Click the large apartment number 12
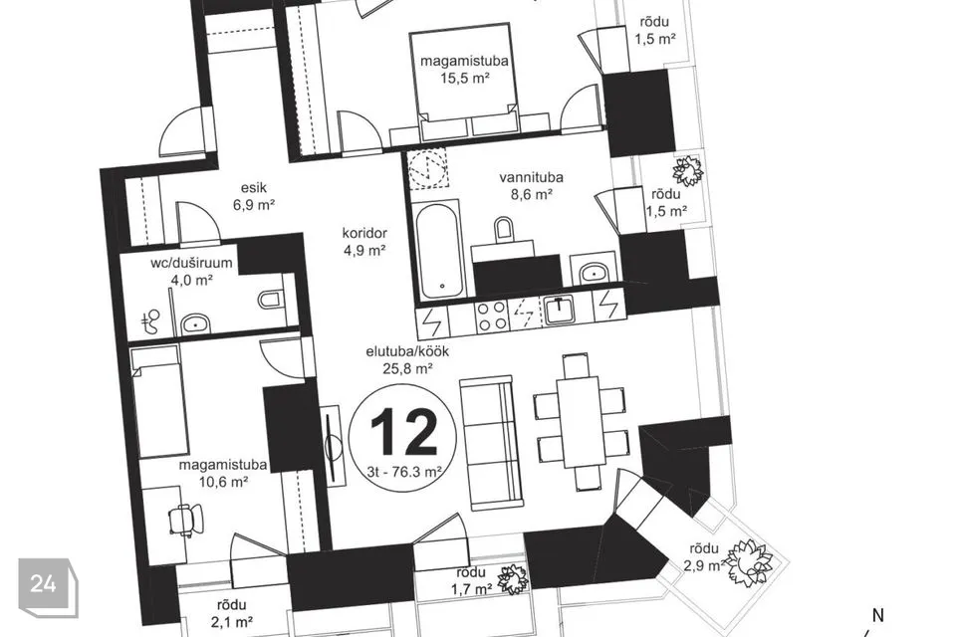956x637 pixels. click(403, 432)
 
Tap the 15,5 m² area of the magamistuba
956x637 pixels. click(465, 78)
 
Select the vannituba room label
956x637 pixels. click(531, 177)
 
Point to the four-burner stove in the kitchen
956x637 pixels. click(492, 316)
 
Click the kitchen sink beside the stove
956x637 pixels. click(558, 310)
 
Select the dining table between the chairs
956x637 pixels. click(581, 421)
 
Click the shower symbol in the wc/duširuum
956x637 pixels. click(150, 321)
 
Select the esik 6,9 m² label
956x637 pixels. click(253, 196)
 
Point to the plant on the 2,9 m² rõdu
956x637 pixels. click(749, 561)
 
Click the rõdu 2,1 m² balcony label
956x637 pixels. click(231, 613)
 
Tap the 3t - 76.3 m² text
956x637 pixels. click(404, 471)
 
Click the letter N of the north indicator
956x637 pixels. click(878, 616)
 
